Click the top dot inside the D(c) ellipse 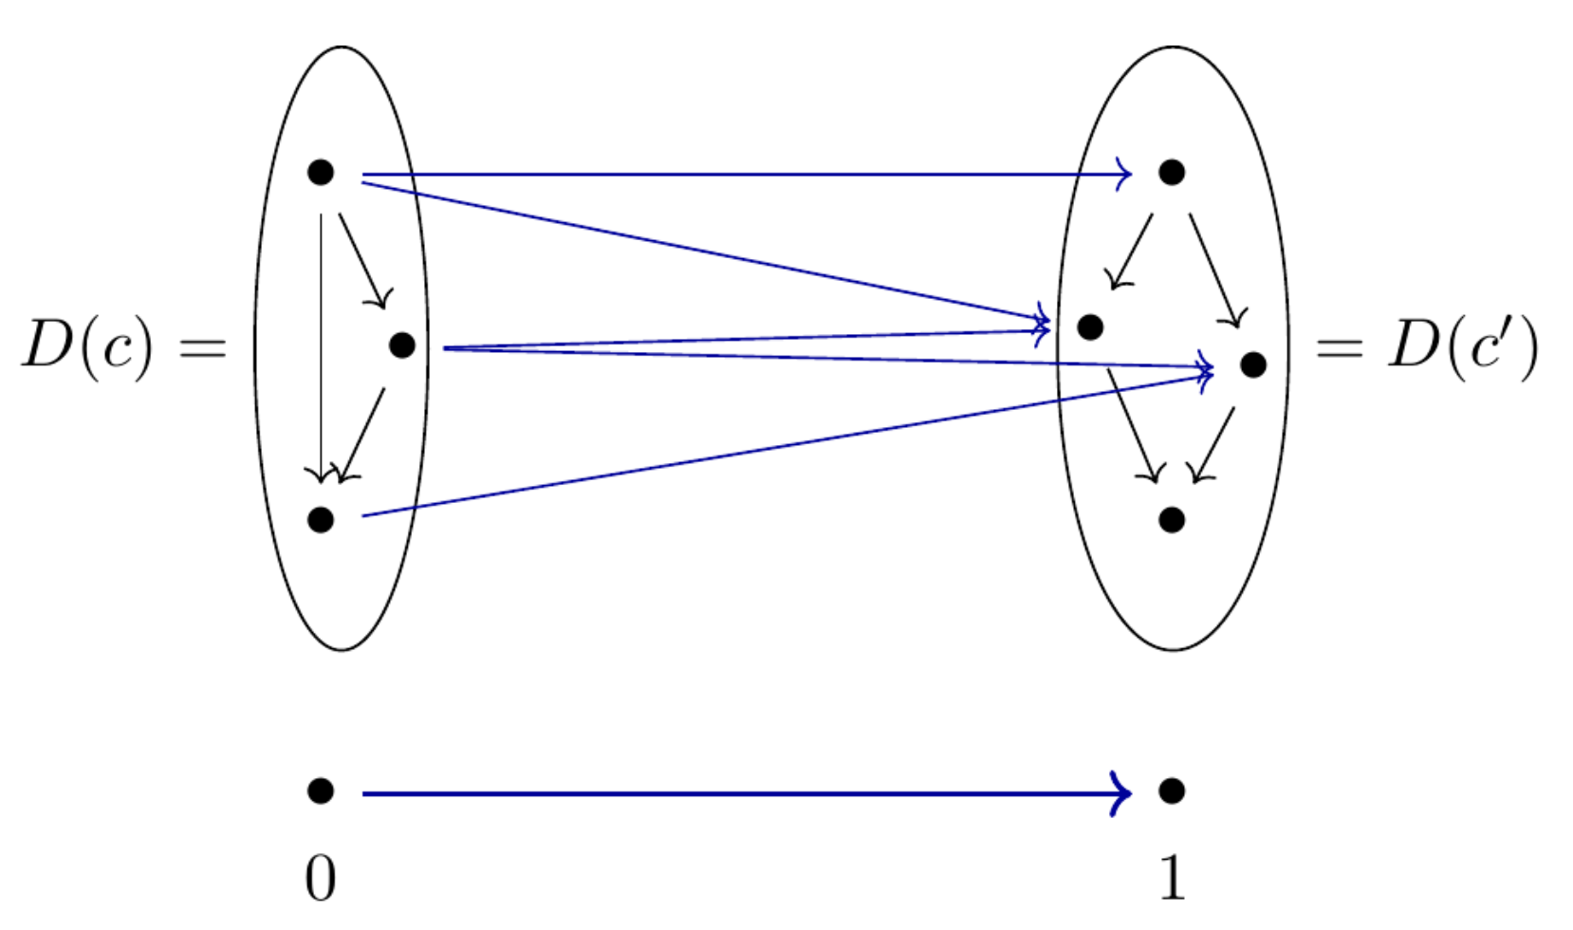(x=321, y=173)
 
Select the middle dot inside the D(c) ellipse (x=402, y=345)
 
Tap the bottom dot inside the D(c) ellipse (x=321, y=519)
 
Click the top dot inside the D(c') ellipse (x=1172, y=173)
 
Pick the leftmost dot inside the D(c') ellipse (x=1091, y=327)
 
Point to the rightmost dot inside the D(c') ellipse (x=1253, y=364)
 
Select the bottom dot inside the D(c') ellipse (x=1172, y=519)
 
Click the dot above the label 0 (x=321, y=790)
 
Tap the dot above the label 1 (x=1172, y=790)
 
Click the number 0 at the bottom (x=321, y=879)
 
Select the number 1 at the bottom (x=1173, y=879)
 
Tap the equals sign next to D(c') (x=1340, y=348)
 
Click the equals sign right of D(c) (x=204, y=348)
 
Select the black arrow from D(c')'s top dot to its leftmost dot (x=1133, y=251)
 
